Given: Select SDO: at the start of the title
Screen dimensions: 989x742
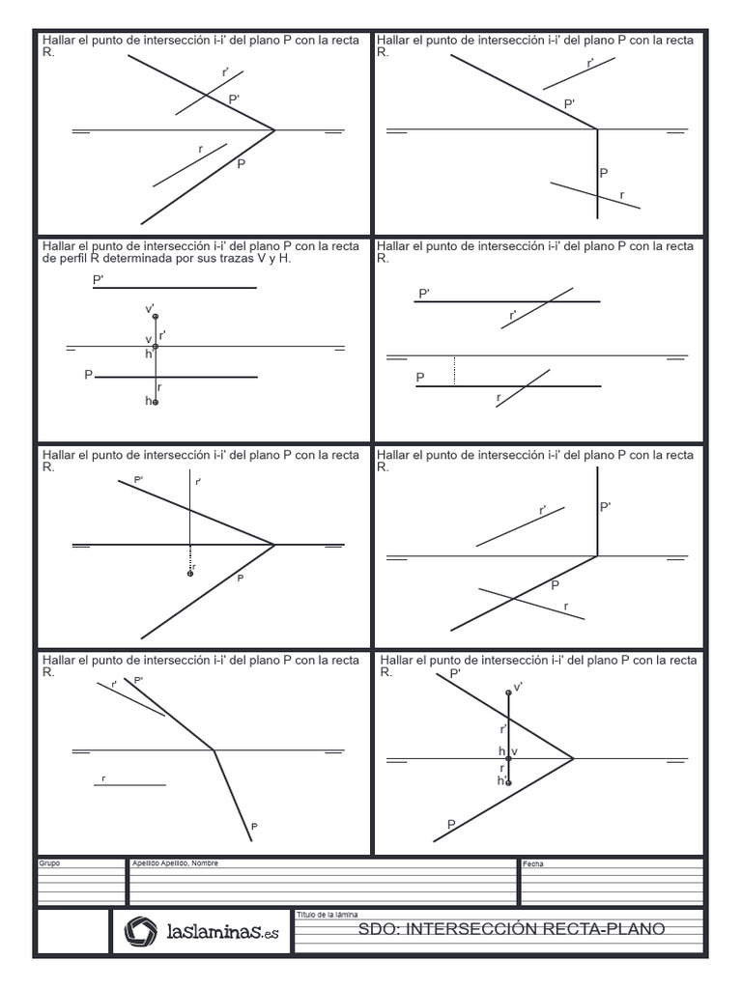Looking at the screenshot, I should pos(377,929).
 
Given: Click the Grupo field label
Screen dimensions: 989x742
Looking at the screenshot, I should pos(49,862).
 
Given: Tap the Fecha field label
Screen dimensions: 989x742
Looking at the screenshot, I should pos(533,863).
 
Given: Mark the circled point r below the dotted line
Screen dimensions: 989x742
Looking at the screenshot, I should pos(190,574).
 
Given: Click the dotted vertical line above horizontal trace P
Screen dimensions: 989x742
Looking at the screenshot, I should pos(455,371).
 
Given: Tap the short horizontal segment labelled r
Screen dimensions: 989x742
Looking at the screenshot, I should pos(128,784).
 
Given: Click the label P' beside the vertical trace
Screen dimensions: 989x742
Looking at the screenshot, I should pos(606,506).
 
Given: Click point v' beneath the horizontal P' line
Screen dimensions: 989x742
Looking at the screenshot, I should pos(156,316).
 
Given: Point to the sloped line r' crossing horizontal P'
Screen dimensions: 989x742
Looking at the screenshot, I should pos(536,308).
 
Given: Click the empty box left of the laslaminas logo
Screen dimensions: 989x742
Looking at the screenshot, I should pos(71,932).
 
